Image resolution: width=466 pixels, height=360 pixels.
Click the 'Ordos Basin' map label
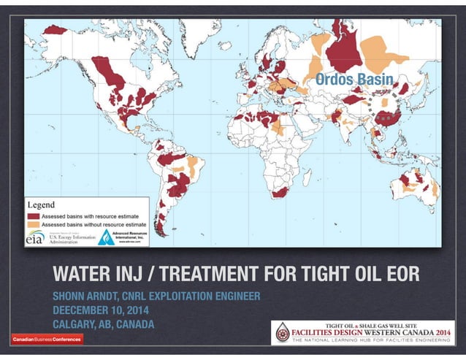354,79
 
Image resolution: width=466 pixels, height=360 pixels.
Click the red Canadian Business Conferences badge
47,338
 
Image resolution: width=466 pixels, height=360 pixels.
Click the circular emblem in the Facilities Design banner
282,332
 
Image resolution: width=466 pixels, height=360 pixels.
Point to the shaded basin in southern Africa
280,191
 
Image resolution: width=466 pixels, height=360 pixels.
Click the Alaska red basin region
56,30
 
